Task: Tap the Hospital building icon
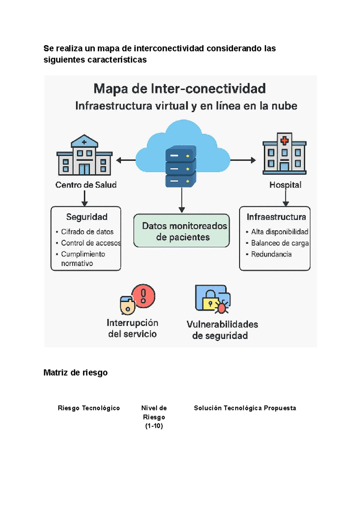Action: tap(284, 154)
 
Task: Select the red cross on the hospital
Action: tap(284, 140)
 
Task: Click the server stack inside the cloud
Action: tap(181, 166)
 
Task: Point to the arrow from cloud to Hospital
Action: tap(243, 160)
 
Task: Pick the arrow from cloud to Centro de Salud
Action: tap(126, 160)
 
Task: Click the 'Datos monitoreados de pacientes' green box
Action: tap(181, 231)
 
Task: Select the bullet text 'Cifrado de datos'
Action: tap(87, 232)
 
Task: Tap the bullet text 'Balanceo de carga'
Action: tap(280, 243)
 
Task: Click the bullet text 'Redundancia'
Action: tap(271, 254)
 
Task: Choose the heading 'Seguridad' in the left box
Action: tap(87, 217)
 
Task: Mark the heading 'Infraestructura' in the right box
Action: tap(276, 217)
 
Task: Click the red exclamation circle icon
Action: tap(143, 296)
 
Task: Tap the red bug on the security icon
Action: tap(222, 308)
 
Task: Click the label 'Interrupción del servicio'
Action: tap(132, 328)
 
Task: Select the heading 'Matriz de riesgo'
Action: tap(76, 373)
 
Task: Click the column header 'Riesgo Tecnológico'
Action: tap(89, 408)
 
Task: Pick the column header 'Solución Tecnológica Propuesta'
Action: tap(245, 408)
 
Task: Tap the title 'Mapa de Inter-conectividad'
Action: tap(180, 89)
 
